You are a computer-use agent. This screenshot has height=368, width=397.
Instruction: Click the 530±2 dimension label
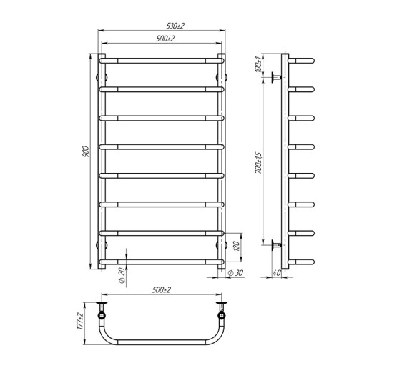pos(163,26)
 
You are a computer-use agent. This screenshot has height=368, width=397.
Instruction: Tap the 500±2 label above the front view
pos(163,39)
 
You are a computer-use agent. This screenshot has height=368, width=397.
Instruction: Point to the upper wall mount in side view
pos(275,76)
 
